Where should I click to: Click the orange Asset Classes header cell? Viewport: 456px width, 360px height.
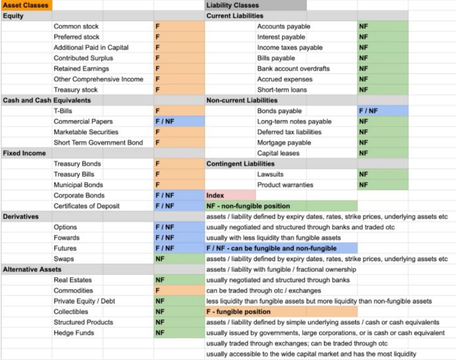click(x=26, y=5)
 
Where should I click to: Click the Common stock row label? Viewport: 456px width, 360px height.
click(x=76, y=26)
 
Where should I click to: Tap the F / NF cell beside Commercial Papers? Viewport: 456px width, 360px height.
click(x=179, y=122)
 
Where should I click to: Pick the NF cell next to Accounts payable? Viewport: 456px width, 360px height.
click(x=383, y=26)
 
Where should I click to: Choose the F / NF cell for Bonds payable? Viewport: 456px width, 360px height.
click(x=383, y=111)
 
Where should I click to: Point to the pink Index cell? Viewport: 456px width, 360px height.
click(x=230, y=195)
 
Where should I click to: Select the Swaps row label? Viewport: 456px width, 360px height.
click(x=64, y=259)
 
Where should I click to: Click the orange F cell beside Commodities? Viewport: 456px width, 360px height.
click(x=179, y=291)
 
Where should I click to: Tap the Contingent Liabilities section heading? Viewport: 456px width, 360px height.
click(x=240, y=164)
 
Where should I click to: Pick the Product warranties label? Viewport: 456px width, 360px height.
click(x=285, y=185)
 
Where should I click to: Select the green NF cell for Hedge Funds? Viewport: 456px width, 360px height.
click(x=179, y=333)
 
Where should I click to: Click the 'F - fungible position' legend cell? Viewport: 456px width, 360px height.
click(x=281, y=312)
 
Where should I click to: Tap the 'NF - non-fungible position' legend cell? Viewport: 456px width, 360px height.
click(x=281, y=206)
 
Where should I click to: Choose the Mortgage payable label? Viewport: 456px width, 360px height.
click(x=284, y=143)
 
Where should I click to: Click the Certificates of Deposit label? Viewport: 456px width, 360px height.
click(x=87, y=206)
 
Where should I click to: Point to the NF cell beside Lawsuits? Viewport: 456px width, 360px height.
click(x=383, y=174)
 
